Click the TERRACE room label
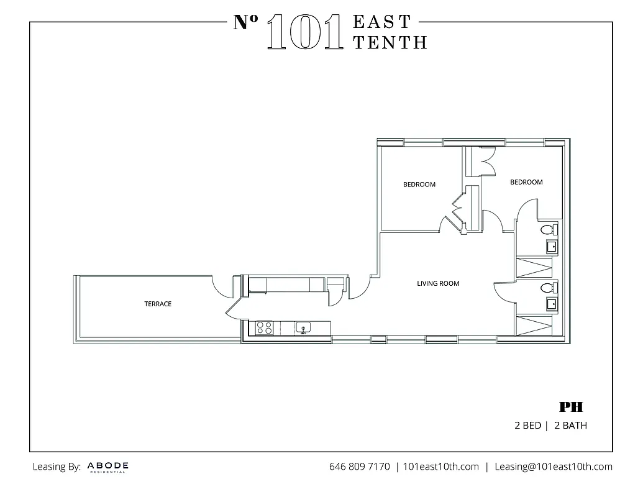(158, 304)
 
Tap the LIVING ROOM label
(438, 283)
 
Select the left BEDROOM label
(419, 185)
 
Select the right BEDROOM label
(526, 182)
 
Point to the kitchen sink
(304, 327)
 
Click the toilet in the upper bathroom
(548, 230)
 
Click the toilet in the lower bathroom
(548, 288)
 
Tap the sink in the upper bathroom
(551, 247)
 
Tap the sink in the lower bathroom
(551, 304)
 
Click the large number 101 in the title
(304, 32)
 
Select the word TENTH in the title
(390, 42)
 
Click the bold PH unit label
(571, 408)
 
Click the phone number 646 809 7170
(360, 467)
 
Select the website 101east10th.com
(440, 467)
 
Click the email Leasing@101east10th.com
(553, 467)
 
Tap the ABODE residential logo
(108, 467)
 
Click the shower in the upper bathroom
(534, 268)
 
